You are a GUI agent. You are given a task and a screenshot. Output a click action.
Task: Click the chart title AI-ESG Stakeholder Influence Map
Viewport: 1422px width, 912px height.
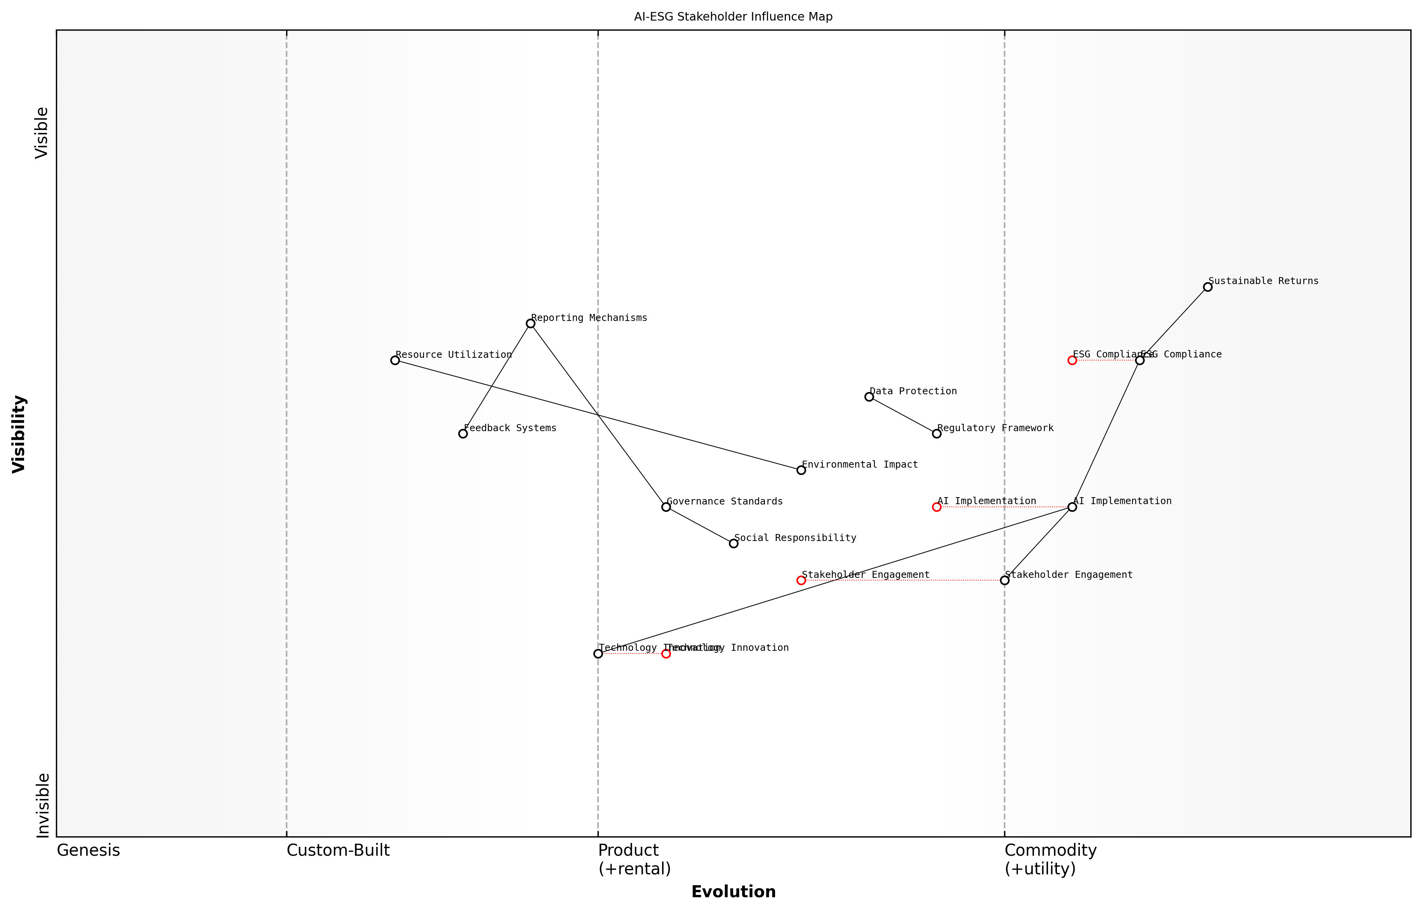[x=733, y=17]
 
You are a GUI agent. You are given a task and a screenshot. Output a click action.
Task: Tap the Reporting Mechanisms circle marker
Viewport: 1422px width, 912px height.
[x=530, y=323]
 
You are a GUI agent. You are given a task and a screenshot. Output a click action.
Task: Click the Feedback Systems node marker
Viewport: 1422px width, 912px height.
[x=463, y=433]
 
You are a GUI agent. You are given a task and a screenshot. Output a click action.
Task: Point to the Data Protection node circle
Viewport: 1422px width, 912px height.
[x=869, y=397]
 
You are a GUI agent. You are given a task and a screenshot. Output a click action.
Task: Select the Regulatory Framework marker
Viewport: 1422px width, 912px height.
[x=937, y=433]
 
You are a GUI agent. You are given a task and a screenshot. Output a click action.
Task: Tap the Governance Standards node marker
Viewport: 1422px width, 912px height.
[x=666, y=507]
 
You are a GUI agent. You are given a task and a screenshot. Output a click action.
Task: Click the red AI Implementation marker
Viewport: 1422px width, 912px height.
[x=937, y=507]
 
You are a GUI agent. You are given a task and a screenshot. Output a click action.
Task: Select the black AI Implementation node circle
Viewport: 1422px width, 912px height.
[x=1072, y=507]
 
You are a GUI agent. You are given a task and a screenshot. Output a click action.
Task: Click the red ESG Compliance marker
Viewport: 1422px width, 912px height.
[x=1072, y=360]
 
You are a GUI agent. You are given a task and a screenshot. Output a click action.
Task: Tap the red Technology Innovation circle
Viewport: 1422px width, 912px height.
[x=666, y=654]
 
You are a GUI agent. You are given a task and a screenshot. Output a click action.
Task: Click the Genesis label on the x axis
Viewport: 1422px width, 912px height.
[x=88, y=850]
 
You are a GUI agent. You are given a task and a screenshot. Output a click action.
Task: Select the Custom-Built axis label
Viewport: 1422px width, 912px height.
[x=338, y=850]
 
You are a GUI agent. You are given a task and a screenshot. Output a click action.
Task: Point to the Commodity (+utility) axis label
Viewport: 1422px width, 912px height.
[x=1050, y=859]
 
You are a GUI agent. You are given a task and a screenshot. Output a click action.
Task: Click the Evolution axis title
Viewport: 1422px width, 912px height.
[x=733, y=892]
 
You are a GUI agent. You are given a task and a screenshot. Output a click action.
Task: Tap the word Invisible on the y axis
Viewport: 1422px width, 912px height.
[x=43, y=805]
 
